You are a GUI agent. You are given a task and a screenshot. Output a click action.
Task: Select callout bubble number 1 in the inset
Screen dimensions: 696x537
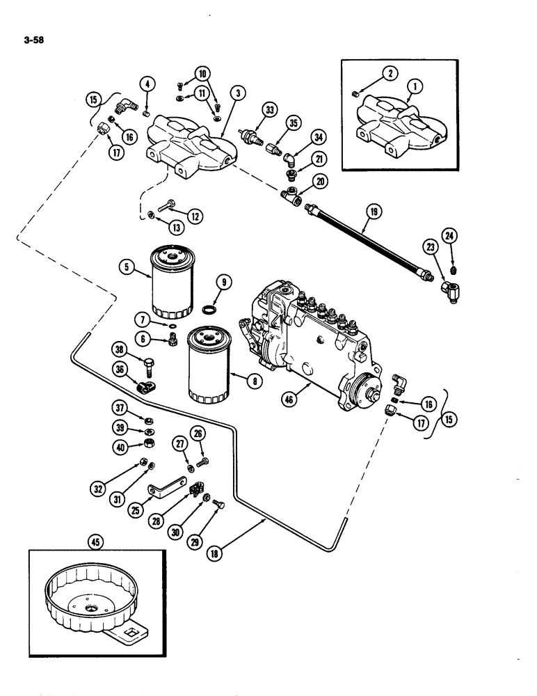(x=416, y=87)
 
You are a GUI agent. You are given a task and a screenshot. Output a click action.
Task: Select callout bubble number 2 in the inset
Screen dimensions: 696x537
(x=387, y=74)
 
